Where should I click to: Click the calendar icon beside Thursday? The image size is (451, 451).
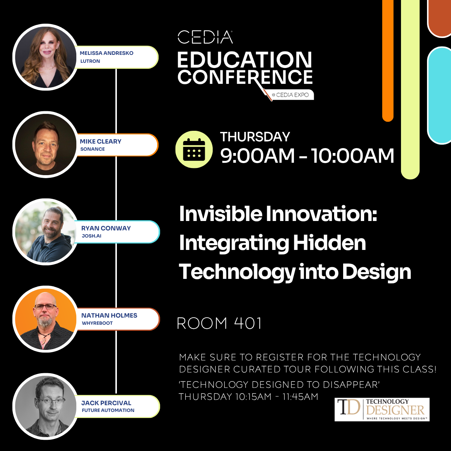coord(194,149)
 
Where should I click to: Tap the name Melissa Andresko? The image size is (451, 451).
coord(106,53)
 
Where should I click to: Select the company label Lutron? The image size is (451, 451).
coord(90,61)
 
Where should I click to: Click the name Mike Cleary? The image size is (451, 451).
coord(100,141)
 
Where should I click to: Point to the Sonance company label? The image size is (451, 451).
coord(92,149)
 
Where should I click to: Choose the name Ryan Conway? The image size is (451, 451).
coord(106,228)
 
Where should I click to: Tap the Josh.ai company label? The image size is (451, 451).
coord(91,236)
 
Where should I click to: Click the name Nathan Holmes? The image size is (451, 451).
coord(109,315)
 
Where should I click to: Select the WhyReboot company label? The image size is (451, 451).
coord(97,323)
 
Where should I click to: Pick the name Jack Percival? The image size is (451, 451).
coord(106,403)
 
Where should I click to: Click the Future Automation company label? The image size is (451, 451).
coord(108,410)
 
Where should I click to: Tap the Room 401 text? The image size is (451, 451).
coord(219,323)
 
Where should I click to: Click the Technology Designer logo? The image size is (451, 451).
coord(382,409)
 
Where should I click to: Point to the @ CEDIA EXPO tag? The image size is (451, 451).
coord(290,95)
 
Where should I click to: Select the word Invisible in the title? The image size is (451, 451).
coord(221,214)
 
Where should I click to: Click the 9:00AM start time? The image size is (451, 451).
coord(257,156)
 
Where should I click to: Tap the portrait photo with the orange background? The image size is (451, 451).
coord(46,319)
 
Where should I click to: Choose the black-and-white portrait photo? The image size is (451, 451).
coord(46,406)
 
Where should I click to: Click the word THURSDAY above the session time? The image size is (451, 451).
coord(255,137)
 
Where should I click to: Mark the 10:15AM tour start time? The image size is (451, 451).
coord(253,397)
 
